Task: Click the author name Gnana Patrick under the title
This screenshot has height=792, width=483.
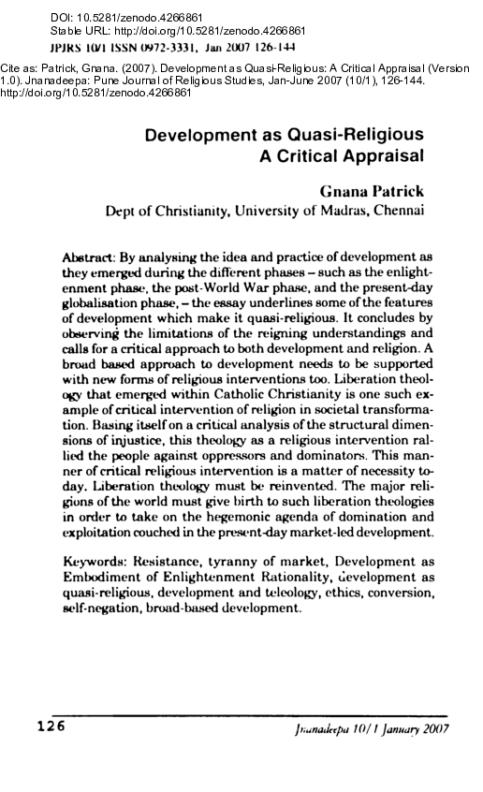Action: click(373, 190)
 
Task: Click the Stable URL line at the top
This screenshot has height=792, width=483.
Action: click(123, 30)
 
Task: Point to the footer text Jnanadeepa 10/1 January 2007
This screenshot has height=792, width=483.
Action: click(372, 730)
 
